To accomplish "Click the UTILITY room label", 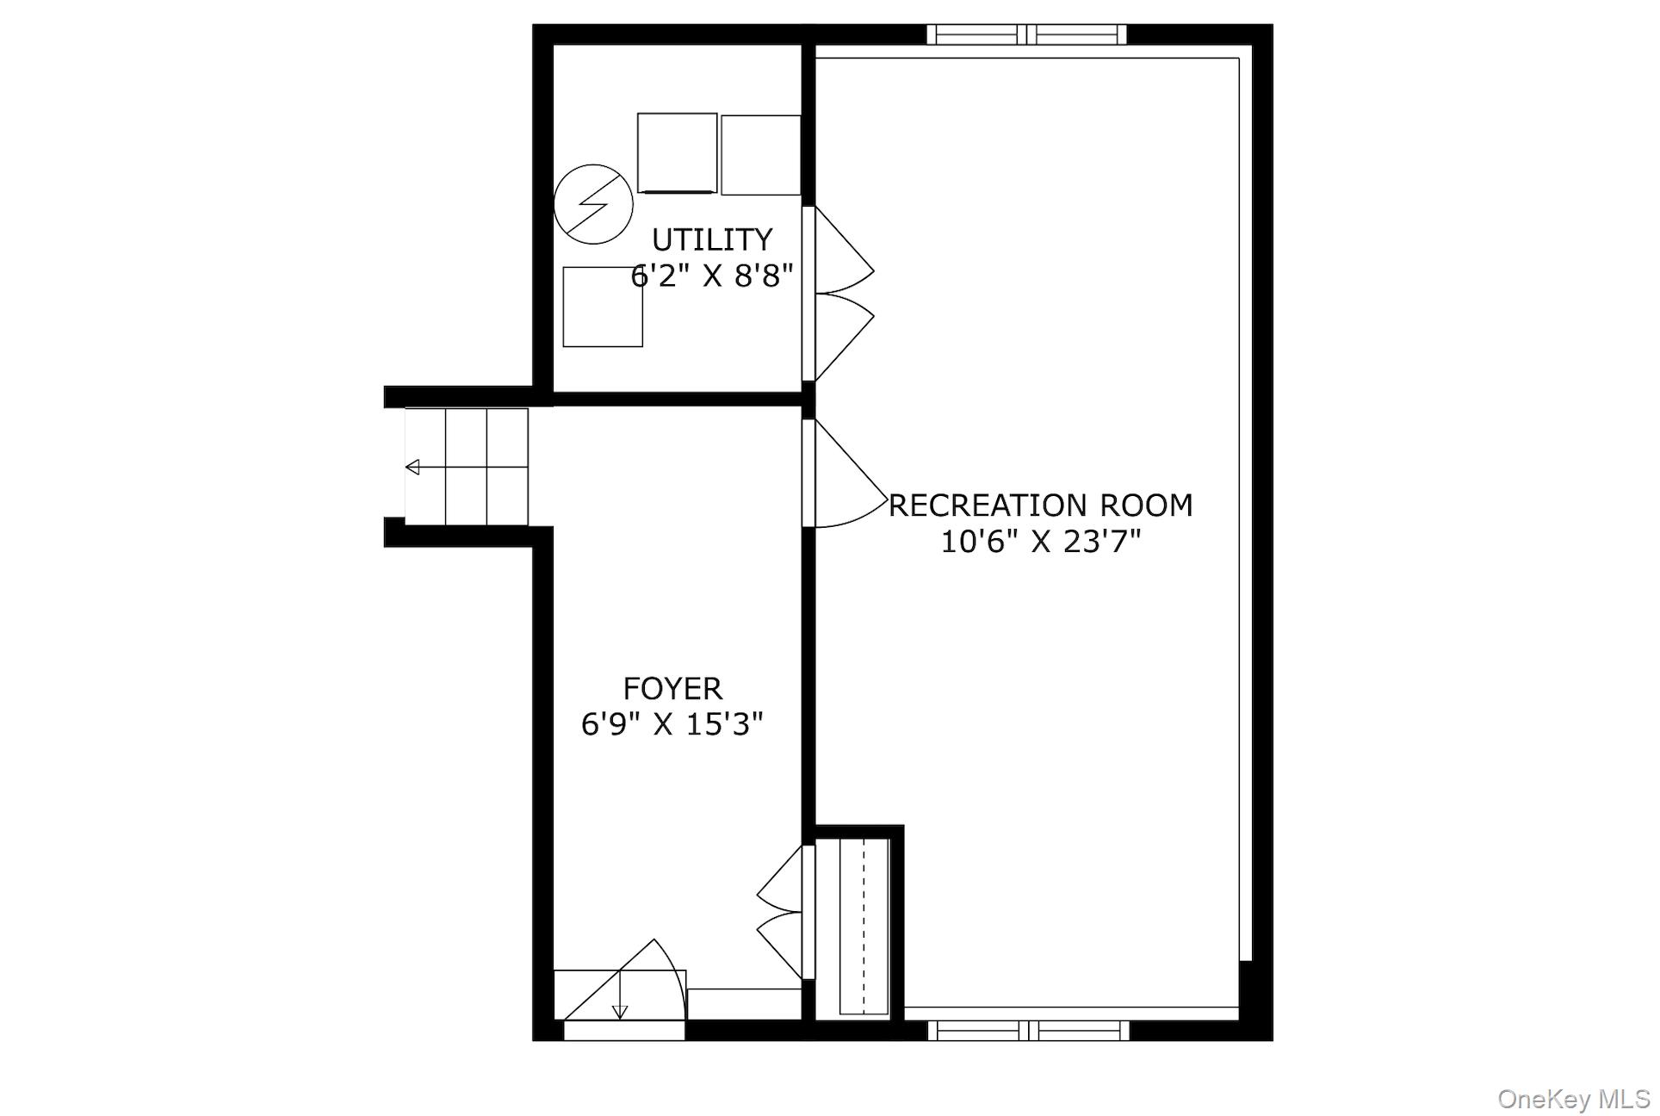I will point(711,239).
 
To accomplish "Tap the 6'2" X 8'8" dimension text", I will point(711,276).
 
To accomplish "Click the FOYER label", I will point(672,688).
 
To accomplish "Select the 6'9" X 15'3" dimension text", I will point(672,724).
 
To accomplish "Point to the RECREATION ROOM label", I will point(1040,505).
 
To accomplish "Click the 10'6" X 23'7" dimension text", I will point(1040,542).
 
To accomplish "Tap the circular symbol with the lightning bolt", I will point(593,204).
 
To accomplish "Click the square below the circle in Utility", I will point(603,307).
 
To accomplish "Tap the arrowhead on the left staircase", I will point(412,468).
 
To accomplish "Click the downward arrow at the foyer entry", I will point(620,1011).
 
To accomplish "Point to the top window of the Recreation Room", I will point(1026,34).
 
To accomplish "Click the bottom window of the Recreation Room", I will point(1028,1030).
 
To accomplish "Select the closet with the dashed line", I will point(864,927).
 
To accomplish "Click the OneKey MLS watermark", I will point(1573,1099).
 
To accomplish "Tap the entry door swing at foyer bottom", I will point(641,982).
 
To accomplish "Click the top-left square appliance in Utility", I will point(677,153).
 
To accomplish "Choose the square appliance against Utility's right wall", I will point(760,155).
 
